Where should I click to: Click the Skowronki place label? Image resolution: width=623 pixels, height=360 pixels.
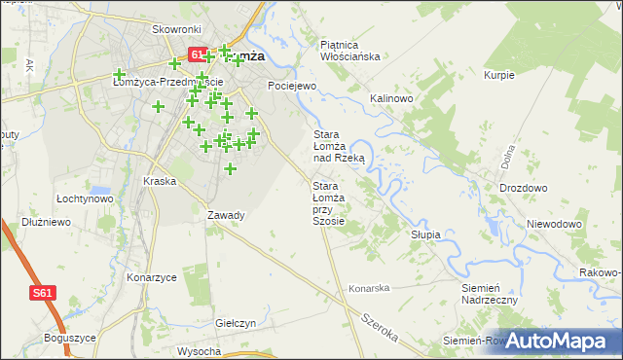[176, 29]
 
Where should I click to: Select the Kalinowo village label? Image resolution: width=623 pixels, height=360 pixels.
[392, 99]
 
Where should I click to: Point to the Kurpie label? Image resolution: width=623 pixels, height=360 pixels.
[498, 75]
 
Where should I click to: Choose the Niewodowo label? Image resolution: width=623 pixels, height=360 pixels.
[554, 224]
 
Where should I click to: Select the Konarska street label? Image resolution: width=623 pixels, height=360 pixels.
[370, 288]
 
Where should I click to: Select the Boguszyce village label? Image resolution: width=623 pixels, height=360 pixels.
[70, 338]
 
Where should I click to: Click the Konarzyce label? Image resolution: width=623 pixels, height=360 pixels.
[151, 277]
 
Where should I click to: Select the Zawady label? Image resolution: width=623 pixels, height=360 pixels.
[226, 215]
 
